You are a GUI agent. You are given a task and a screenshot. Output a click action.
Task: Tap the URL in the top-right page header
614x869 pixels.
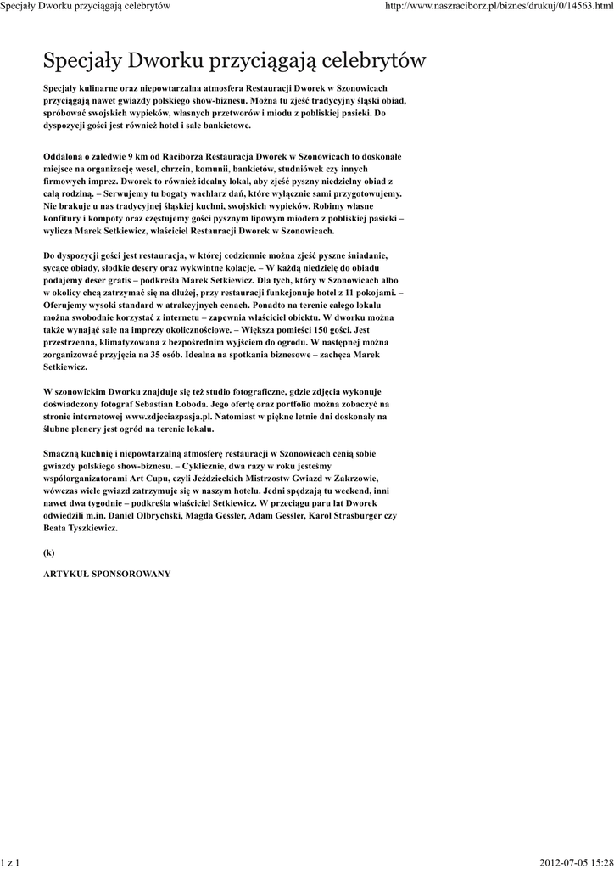click(x=498, y=6)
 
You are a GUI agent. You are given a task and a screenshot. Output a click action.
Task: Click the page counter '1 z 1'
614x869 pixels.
click(x=11, y=862)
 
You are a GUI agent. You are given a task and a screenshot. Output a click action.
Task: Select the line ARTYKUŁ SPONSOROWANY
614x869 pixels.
click(x=107, y=574)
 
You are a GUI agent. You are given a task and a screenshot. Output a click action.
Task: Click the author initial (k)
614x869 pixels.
click(x=48, y=552)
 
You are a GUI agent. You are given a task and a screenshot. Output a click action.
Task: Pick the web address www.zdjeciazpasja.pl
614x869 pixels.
click(x=166, y=417)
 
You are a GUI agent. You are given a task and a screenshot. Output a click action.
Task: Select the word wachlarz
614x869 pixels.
click(x=201, y=193)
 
